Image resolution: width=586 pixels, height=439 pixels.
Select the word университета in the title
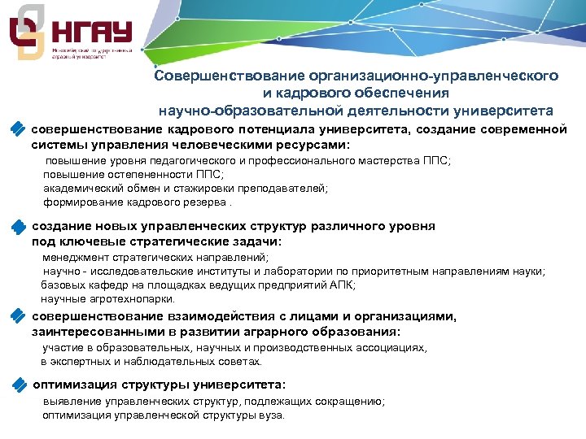pos(505,110)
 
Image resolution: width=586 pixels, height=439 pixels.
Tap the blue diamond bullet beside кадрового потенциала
pos(18,129)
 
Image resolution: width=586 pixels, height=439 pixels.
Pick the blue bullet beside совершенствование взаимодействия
pos(18,317)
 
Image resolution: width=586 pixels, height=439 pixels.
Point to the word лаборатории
pos(294,271)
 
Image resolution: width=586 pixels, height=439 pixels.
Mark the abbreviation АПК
pos(344,285)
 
